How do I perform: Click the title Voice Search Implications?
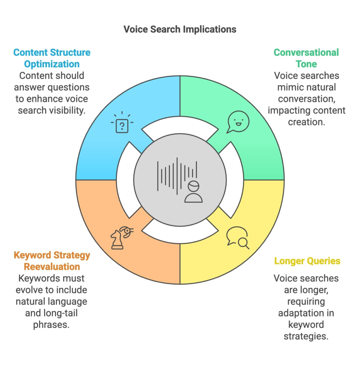pos(180,29)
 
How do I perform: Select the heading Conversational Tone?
pos(306,58)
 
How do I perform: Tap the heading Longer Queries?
pos(307,261)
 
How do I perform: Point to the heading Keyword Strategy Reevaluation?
pos(52,261)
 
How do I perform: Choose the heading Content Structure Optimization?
pos(52,58)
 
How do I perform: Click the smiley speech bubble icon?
pos(238,122)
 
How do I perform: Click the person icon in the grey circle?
pos(193,192)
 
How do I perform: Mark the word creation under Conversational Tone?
pos(306,122)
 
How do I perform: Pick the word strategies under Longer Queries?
pos(306,336)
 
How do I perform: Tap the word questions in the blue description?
pos(68,87)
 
